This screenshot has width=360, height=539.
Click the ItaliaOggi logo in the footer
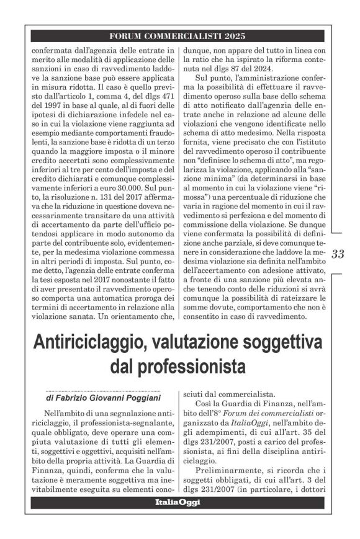tap(178, 503)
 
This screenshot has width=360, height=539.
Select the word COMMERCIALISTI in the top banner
tap(184, 35)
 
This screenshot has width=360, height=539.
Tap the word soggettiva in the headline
tap(273, 343)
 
